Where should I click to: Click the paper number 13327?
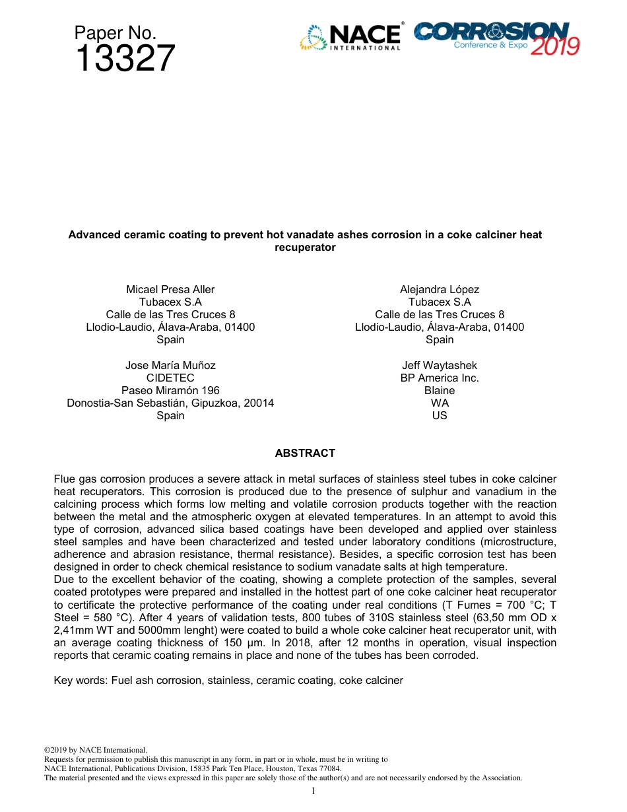(x=125, y=59)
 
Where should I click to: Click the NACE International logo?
(x=350, y=38)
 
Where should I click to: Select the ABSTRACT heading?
(x=305, y=454)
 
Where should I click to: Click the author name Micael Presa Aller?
(x=170, y=290)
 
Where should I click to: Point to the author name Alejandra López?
(x=440, y=290)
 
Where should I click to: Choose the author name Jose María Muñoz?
(x=170, y=366)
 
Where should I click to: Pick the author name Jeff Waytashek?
(x=440, y=366)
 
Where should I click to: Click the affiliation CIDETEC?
(x=170, y=378)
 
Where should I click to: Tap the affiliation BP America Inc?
(x=440, y=378)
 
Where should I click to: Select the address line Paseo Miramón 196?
(x=170, y=391)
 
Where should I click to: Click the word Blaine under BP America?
(x=440, y=391)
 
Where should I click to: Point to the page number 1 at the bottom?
(x=313, y=791)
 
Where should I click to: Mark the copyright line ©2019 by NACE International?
(x=95, y=751)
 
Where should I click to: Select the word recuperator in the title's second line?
(x=305, y=248)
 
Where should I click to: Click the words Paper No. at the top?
(x=115, y=33)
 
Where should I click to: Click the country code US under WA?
(x=440, y=416)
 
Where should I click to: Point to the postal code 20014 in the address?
(x=259, y=403)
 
